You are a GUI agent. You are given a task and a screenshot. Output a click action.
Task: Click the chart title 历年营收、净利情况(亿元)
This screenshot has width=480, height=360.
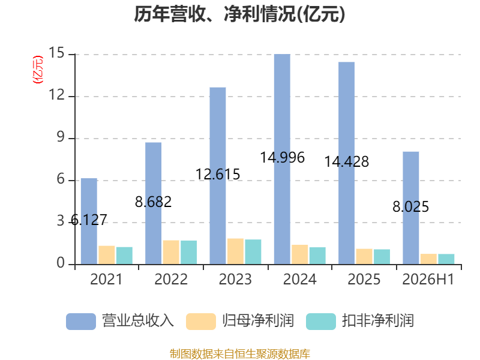239,14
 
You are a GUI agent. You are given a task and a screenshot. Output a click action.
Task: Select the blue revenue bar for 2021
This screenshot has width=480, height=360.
89,221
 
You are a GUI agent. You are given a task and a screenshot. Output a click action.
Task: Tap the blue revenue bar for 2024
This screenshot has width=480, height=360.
282,159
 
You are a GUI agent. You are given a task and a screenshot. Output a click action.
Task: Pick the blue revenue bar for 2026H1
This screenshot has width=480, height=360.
411,208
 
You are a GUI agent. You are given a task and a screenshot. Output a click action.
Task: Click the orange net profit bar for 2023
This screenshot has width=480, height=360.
235,251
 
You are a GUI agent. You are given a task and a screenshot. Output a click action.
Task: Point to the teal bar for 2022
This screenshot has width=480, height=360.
188,253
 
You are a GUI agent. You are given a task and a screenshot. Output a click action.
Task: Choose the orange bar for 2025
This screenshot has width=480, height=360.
364,257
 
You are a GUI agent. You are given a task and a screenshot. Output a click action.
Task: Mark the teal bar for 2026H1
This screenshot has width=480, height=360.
446,259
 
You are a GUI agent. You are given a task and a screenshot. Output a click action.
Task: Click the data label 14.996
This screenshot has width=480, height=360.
282,158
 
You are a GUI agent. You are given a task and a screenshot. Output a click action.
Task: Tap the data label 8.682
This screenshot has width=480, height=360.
154,202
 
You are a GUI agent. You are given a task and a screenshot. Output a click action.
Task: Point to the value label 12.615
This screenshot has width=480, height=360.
218,175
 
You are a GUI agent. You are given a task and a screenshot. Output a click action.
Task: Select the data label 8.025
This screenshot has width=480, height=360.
411,206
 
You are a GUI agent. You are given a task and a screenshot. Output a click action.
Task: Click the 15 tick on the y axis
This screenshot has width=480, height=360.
56,53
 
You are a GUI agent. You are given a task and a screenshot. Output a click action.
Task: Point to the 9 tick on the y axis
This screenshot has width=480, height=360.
61,137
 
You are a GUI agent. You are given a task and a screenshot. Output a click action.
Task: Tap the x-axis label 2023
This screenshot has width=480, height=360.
235,279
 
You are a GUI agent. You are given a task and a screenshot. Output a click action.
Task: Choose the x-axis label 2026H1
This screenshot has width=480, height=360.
428,279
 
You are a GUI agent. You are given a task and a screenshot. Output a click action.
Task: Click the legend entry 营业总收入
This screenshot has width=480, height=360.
120,321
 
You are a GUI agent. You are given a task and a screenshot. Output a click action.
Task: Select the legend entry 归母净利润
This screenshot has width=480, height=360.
240,321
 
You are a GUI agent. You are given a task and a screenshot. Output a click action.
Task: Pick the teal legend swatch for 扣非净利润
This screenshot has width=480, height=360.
321,322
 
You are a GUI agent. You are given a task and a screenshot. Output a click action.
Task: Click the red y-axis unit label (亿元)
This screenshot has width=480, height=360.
38,70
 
